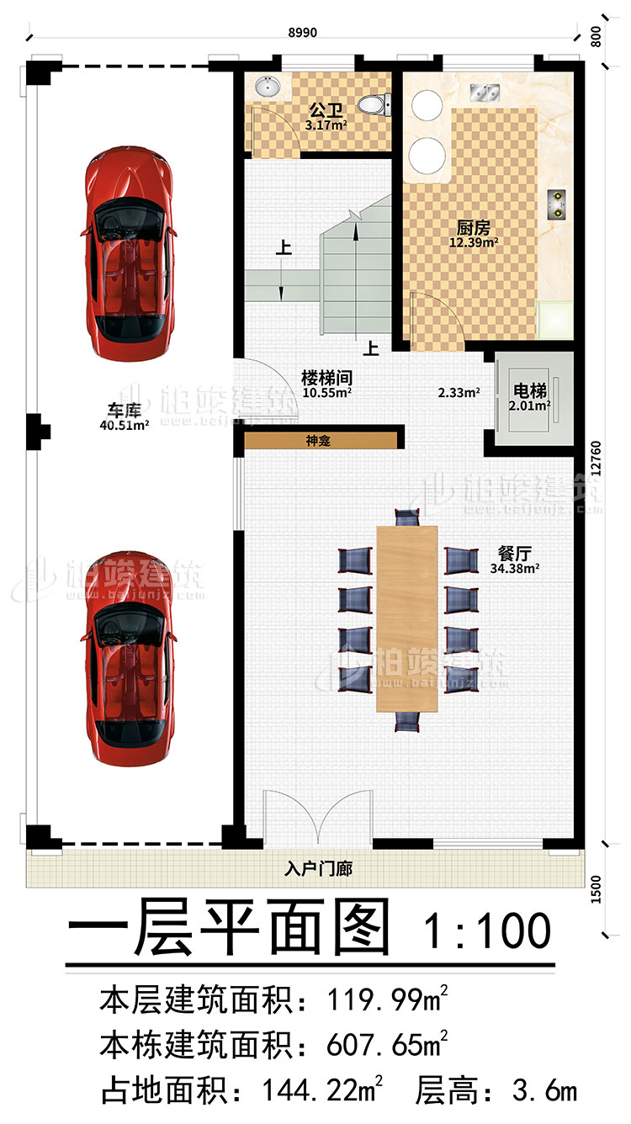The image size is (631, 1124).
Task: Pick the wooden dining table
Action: (x=407, y=618)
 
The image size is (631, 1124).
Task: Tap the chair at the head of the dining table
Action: (x=407, y=518)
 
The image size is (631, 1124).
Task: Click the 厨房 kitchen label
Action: (x=474, y=228)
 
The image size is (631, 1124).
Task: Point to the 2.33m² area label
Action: (x=459, y=392)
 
